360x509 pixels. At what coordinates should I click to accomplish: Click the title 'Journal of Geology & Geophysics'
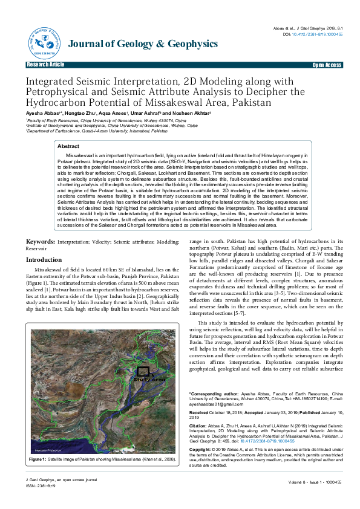pos(143,44)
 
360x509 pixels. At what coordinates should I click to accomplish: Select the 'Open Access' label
pos(327,64)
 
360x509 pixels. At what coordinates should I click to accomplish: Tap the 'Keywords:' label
pos(40,241)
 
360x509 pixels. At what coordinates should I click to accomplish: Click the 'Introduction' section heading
pos(44,259)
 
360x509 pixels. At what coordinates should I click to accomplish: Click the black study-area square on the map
pos(143,372)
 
